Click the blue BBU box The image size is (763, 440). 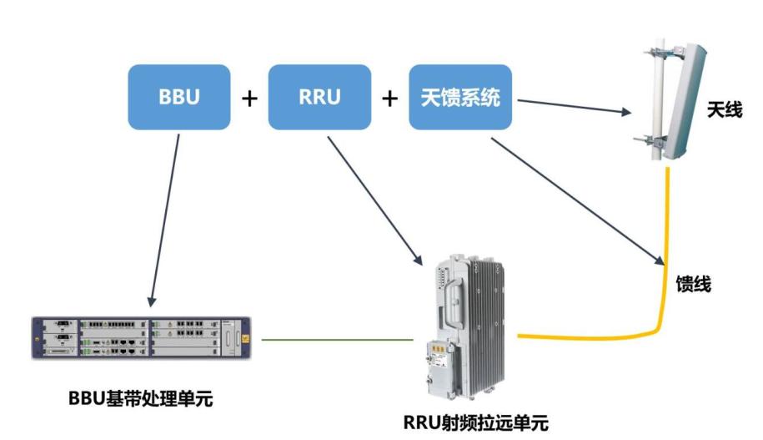click(x=179, y=97)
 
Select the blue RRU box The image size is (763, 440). click(x=319, y=97)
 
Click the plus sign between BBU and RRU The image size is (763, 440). click(x=249, y=98)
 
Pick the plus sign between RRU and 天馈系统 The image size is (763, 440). click(x=389, y=98)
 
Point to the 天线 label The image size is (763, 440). click(x=724, y=109)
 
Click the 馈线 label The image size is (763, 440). click(x=693, y=284)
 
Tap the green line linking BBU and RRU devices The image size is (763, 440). click(x=337, y=340)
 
